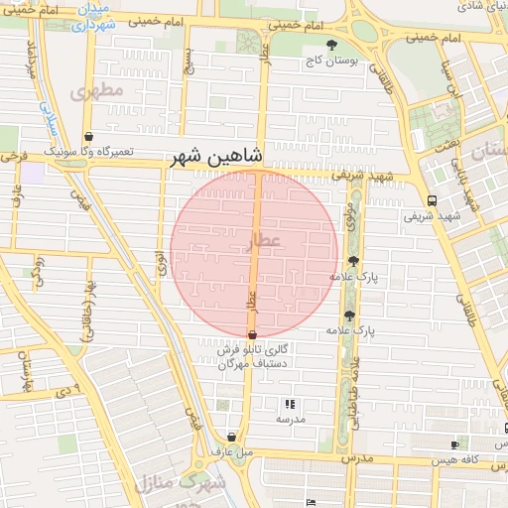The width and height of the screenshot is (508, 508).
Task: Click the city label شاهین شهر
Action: (x=215, y=156)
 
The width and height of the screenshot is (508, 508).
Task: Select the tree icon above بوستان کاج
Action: (x=332, y=45)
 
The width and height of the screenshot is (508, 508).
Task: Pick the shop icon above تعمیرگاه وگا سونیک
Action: (x=89, y=137)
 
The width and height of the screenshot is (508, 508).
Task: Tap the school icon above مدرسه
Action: (x=290, y=404)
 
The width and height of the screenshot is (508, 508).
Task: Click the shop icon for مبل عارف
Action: (x=231, y=437)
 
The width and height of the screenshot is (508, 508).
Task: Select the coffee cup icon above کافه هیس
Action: (x=455, y=445)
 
